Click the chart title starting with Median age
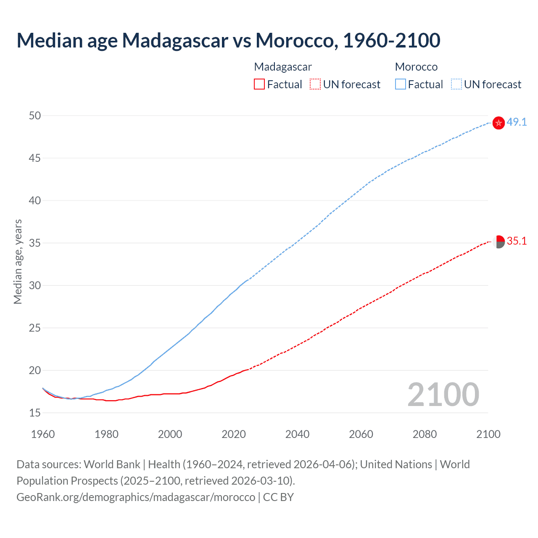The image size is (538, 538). [228, 40]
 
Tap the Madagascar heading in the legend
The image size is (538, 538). [283, 67]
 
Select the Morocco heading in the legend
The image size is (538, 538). [416, 67]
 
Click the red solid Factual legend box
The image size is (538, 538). [259, 84]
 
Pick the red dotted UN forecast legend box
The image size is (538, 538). [315, 84]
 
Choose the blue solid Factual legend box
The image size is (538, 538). [400, 84]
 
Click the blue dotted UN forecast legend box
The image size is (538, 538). [456, 84]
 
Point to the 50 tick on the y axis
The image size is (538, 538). [35, 116]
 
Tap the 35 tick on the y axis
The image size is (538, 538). [35, 243]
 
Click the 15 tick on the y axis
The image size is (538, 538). [35, 413]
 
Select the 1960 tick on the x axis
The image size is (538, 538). [43, 434]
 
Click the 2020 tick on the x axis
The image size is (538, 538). [234, 434]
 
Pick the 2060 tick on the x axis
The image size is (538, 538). [361, 434]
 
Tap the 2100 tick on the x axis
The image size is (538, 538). [488, 434]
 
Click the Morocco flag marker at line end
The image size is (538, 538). [498, 123]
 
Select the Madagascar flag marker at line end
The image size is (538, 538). [498, 242]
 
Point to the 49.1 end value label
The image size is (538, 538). [517, 122]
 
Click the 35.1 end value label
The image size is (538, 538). [517, 241]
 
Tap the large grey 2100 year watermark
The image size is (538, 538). [443, 395]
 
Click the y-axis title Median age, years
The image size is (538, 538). [18, 261]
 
